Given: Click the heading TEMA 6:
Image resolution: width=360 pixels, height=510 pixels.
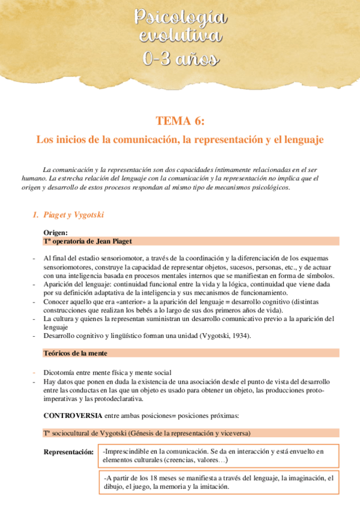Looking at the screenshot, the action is (x=180, y=121).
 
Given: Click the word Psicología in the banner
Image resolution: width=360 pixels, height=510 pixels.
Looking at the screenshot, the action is (x=180, y=19).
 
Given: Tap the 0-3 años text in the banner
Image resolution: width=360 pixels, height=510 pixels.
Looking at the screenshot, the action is (x=180, y=58).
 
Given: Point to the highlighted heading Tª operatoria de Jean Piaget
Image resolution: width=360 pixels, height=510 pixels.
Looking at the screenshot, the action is (x=87, y=241).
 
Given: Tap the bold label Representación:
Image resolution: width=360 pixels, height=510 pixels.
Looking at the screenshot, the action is (x=68, y=452).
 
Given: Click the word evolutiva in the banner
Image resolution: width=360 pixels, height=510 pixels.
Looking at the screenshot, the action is (x=180, y=37).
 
